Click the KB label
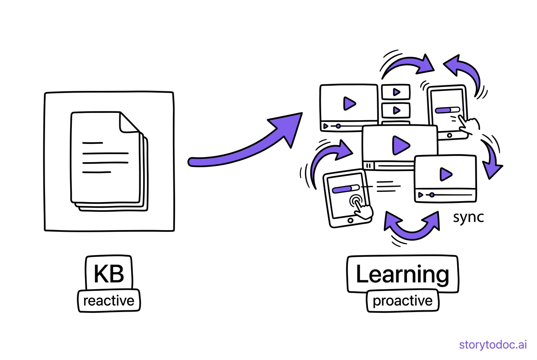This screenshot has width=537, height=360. (109, 274)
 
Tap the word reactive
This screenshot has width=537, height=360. (109, 301)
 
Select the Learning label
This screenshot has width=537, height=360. (402, 274)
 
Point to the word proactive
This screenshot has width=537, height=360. (402, 301)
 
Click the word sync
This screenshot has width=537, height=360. (468, 217)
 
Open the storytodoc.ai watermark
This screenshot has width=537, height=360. (493, 345)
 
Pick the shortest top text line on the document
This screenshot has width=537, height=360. (93, 143)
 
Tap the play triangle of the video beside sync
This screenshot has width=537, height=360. (446, 174)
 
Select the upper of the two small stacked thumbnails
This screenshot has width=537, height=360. (396, 92)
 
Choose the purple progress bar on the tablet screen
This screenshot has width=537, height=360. (342, 189)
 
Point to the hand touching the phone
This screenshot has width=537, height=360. (469, 125)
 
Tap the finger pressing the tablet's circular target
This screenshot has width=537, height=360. (362, 208)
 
